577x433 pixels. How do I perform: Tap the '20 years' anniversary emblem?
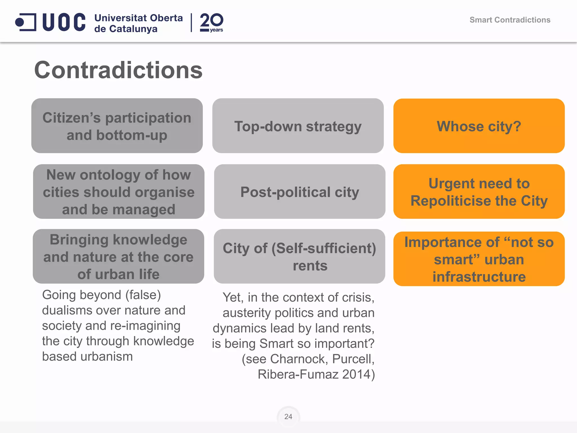click(211, 23)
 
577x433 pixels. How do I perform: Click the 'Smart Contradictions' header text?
click(510, 20)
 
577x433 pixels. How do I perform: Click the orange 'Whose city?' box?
click(479, 126)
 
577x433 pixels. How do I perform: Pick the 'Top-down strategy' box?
click(298, 126)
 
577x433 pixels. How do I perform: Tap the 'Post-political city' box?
click(299, 192)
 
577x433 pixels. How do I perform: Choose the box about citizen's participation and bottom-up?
click(117, 126)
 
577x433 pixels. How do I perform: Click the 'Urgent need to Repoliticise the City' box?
click(479, 192)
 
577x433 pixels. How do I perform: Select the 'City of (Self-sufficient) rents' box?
click(299, 256)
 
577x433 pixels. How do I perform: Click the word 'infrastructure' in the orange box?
click(479, 277)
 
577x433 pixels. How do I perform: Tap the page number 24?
click(288, 417)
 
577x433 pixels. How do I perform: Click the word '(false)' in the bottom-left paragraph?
click(143, 295)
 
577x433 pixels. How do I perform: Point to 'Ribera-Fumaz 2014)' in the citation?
click(316, 375)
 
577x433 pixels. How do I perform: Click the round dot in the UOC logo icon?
click(19, 22)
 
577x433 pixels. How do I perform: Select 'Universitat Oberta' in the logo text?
click(138, 18)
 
